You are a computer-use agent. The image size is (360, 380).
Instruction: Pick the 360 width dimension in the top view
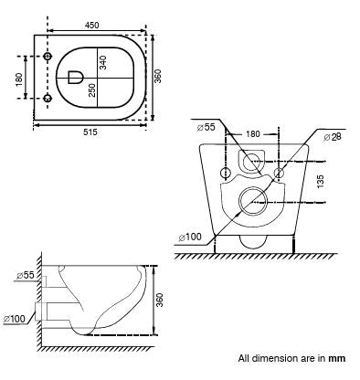pos(158,76)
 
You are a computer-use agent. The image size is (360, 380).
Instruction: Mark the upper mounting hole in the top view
pos(48,58)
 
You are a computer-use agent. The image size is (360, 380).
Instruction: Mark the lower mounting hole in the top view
pos(48,96)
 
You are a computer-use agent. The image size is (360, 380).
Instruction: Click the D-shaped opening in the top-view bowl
pos(74,77)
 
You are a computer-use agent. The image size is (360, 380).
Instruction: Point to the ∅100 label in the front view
pos(191,237)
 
